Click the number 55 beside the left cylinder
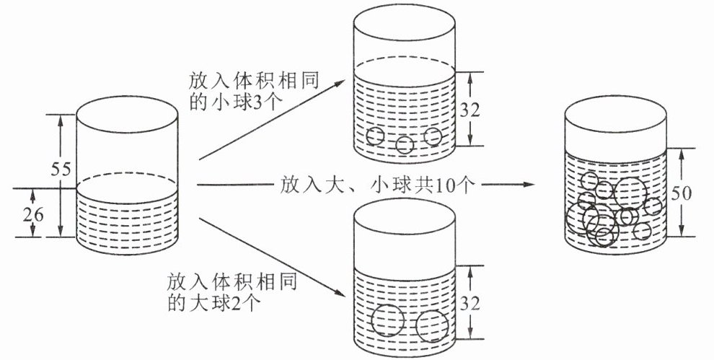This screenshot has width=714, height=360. click(x=61, y=169)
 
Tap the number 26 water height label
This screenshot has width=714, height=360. click(x=32, y=214)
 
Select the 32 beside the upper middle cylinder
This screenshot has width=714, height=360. click(x=470, y=110)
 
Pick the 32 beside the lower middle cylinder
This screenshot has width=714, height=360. click(x=470, y=304)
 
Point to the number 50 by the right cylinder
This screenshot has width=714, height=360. click(x=681, y=193)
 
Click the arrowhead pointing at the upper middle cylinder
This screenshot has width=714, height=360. click(x=340, y=83)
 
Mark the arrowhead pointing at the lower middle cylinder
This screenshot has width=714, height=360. click(x=340, y=293)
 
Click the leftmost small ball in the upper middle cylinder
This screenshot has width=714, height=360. click(x=375, y=136)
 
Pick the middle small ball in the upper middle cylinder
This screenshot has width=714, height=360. click(x=405, y=145)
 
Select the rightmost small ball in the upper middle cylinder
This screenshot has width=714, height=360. click(x=432, y=136)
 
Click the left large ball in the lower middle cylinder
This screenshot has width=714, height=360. click(x=387, y=320)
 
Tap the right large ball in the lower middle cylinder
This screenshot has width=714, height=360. click(x=432, y=327)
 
